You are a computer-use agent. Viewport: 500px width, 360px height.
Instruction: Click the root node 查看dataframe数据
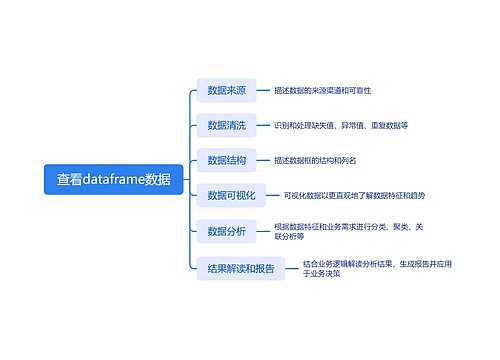(113, 180)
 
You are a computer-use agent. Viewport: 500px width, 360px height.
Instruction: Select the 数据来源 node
(226, 91)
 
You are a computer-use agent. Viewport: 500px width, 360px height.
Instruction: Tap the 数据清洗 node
(226, 125)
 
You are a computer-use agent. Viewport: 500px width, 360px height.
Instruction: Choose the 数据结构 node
(226, 160)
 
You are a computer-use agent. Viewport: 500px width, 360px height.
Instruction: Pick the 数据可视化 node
(231, 195)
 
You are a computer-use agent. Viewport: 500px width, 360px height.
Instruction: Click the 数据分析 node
(226, 232)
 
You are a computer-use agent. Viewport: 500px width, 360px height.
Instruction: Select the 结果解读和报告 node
(240, 268)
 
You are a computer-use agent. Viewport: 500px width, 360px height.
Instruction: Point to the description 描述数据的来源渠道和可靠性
(322, 91)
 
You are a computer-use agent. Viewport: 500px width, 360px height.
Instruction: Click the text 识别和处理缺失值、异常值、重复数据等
(340, 125)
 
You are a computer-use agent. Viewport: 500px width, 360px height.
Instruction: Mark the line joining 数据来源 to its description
(263, 91)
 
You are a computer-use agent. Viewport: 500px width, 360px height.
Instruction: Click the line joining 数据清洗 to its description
(263, 125)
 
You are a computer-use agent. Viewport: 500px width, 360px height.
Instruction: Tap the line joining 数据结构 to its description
(263, 160)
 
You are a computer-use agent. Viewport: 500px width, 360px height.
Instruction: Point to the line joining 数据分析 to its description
(263, 232)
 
